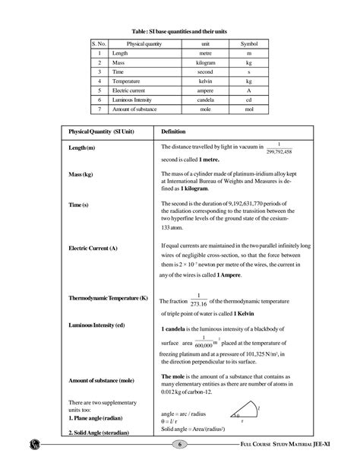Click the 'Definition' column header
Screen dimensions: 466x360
click(x=178, y=131)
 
